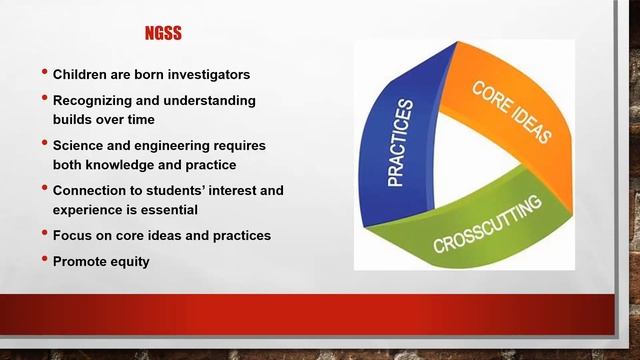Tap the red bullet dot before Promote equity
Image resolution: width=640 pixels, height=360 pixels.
coord(44,259)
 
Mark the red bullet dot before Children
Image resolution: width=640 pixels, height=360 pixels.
coord(44,73)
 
